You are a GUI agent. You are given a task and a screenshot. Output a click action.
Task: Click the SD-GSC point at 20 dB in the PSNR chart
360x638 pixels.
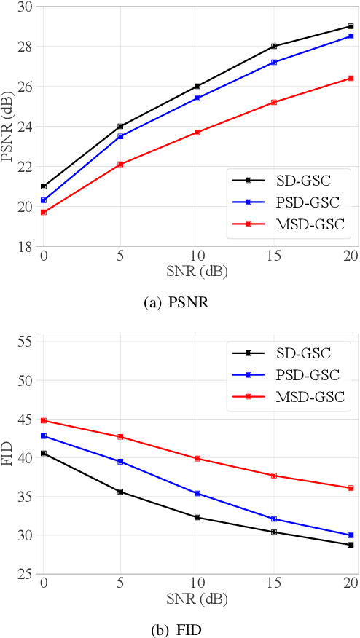point(351,26)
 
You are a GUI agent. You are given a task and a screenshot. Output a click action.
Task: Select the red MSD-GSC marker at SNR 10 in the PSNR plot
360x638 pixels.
point(197,133)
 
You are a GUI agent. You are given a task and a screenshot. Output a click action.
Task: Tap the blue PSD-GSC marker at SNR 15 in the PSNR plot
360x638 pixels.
point(274,63)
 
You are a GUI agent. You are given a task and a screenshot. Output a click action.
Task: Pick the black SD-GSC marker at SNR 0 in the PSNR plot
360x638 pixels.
point(44,186)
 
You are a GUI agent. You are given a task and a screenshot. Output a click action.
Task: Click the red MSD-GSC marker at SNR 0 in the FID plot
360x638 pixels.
point(44,420)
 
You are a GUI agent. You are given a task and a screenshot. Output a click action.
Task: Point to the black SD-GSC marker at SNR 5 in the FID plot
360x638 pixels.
point(120,492)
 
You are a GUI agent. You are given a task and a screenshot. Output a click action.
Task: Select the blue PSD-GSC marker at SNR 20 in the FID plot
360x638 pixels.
point(351,535)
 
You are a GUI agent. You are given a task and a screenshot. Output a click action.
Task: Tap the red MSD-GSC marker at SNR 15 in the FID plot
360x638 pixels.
point(274,476)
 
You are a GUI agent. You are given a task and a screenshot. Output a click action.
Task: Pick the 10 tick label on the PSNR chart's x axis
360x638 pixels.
point(197,256)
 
